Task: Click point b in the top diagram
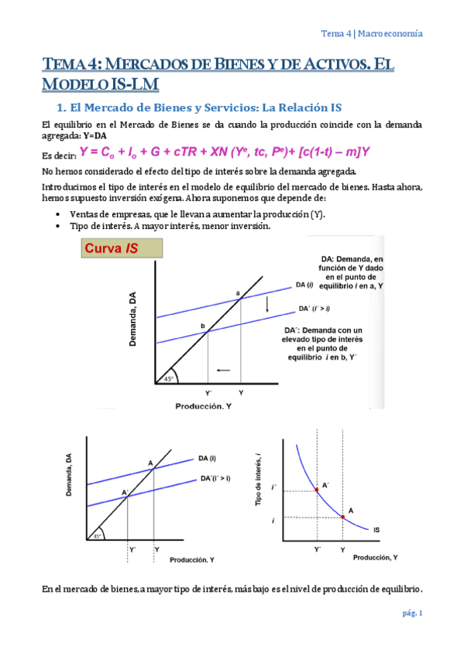(208, 333)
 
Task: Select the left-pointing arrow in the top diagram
(223, 371)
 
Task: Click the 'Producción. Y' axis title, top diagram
(203, 405)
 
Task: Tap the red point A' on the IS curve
(317, 489)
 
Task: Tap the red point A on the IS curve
(343, 516)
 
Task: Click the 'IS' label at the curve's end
(376, 530)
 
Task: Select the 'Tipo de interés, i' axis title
(259, 480)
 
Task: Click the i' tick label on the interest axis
(274, 489)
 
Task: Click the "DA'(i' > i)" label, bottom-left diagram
(215, 477)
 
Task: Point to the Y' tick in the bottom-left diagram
(132, 549)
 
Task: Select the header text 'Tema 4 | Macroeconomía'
(372, 33)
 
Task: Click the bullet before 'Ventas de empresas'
(60, 214)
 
